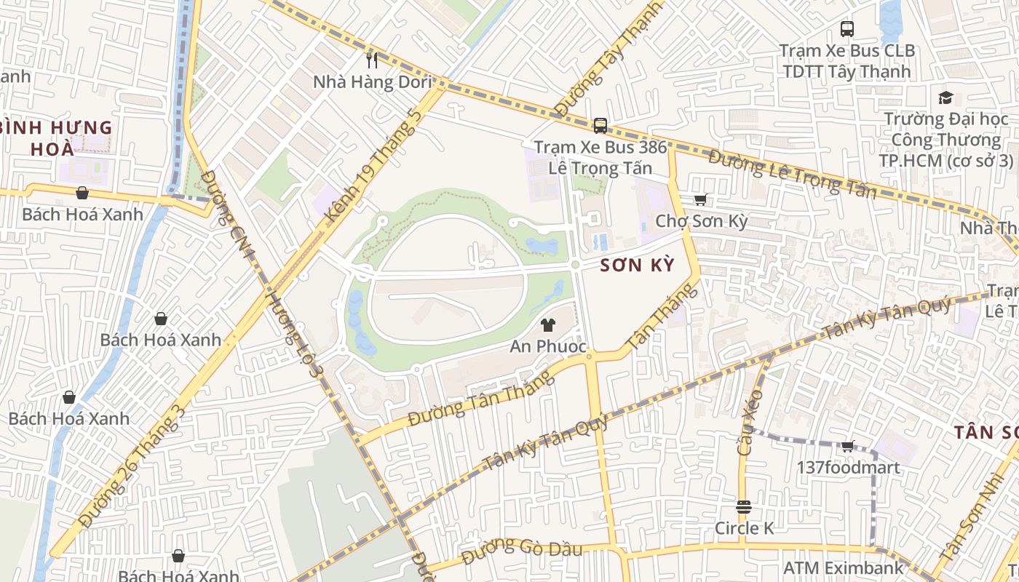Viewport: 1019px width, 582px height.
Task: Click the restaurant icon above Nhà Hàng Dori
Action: (372, 60)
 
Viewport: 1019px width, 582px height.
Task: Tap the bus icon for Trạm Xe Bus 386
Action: (600, 126)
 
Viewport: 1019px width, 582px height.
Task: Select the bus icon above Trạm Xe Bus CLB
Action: (847, 29)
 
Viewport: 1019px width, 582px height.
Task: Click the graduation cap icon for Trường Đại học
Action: (945, 97)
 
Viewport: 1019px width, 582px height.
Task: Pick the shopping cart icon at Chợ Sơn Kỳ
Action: (701, 199)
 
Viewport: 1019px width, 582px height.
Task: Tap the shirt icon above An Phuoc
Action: (548, 325)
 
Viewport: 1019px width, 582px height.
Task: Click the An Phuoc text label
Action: (548, 347)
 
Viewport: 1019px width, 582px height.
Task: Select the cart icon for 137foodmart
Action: (847, 446)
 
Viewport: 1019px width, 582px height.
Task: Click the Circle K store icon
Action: (743, 507)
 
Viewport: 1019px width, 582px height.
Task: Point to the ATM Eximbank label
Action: (843, 567)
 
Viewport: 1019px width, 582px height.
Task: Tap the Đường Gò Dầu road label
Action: (522, 550)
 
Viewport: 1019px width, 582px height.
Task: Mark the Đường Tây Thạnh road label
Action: (608, 58)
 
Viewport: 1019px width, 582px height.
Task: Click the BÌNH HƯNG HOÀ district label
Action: (55, 138)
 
